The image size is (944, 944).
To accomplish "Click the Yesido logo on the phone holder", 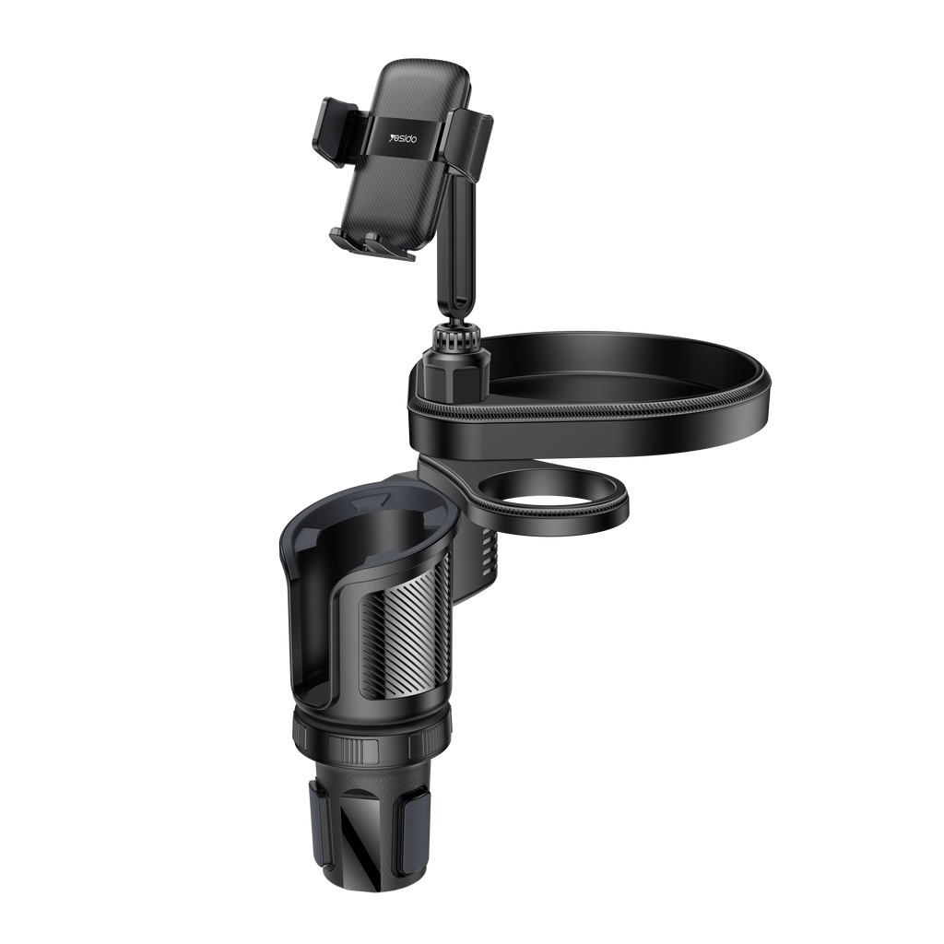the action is click(x=404, y=138).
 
